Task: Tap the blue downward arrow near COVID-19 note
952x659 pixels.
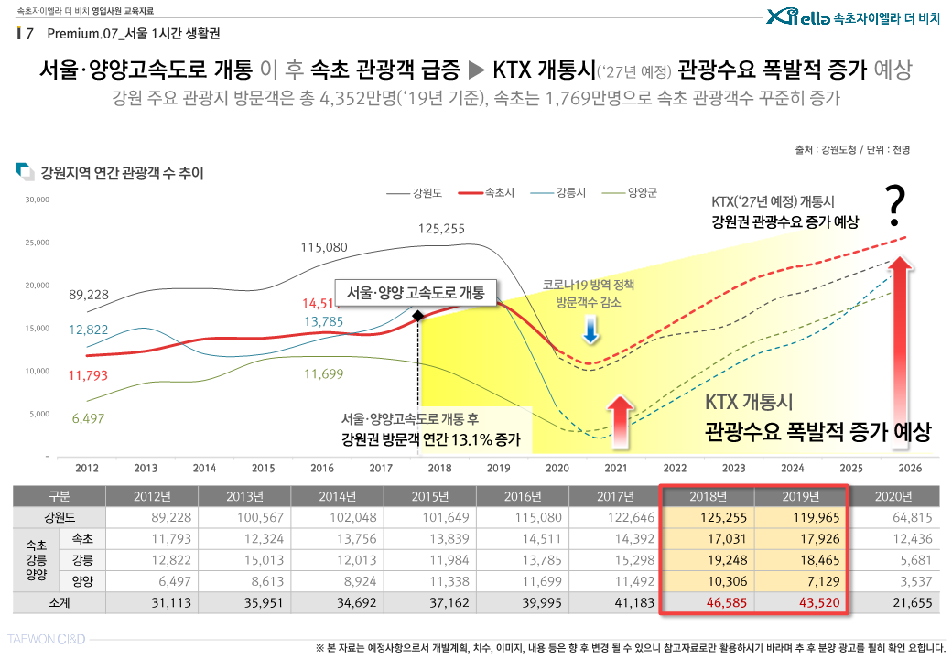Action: click(591, 331)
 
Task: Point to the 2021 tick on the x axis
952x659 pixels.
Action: click(616, 468)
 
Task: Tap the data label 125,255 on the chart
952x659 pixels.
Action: click(441, 229)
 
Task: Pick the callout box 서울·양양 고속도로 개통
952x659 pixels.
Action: click(416, 292)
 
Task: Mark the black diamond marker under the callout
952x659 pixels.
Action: click(417, 315)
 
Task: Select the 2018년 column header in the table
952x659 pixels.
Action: click(707, 497)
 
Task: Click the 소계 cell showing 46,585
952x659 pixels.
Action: click(707, 602)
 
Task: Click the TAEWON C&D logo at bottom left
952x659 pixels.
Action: click(48, 637)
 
